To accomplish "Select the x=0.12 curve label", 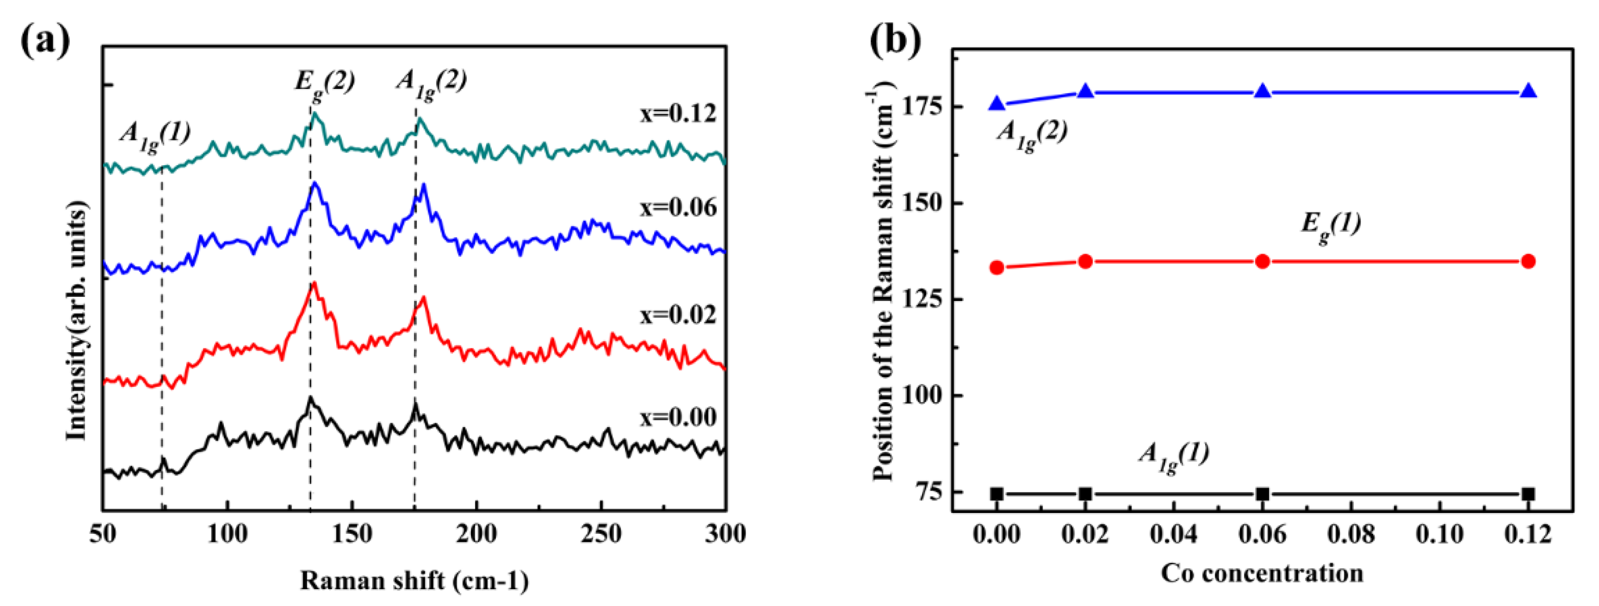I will click(678, 113).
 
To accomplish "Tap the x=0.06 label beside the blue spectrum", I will click(678, 207).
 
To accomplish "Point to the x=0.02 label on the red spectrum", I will click(678, 315).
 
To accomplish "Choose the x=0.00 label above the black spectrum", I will click(678, 417).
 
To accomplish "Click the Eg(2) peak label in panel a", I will click(324, 82).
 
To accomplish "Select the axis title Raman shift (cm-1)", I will click(414, 581).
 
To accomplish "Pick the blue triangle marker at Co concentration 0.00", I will click(997, 104).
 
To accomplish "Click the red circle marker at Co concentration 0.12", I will click(1528, 261).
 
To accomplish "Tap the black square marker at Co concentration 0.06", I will click(1262, 494).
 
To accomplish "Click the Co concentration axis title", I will click(1262, 573).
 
